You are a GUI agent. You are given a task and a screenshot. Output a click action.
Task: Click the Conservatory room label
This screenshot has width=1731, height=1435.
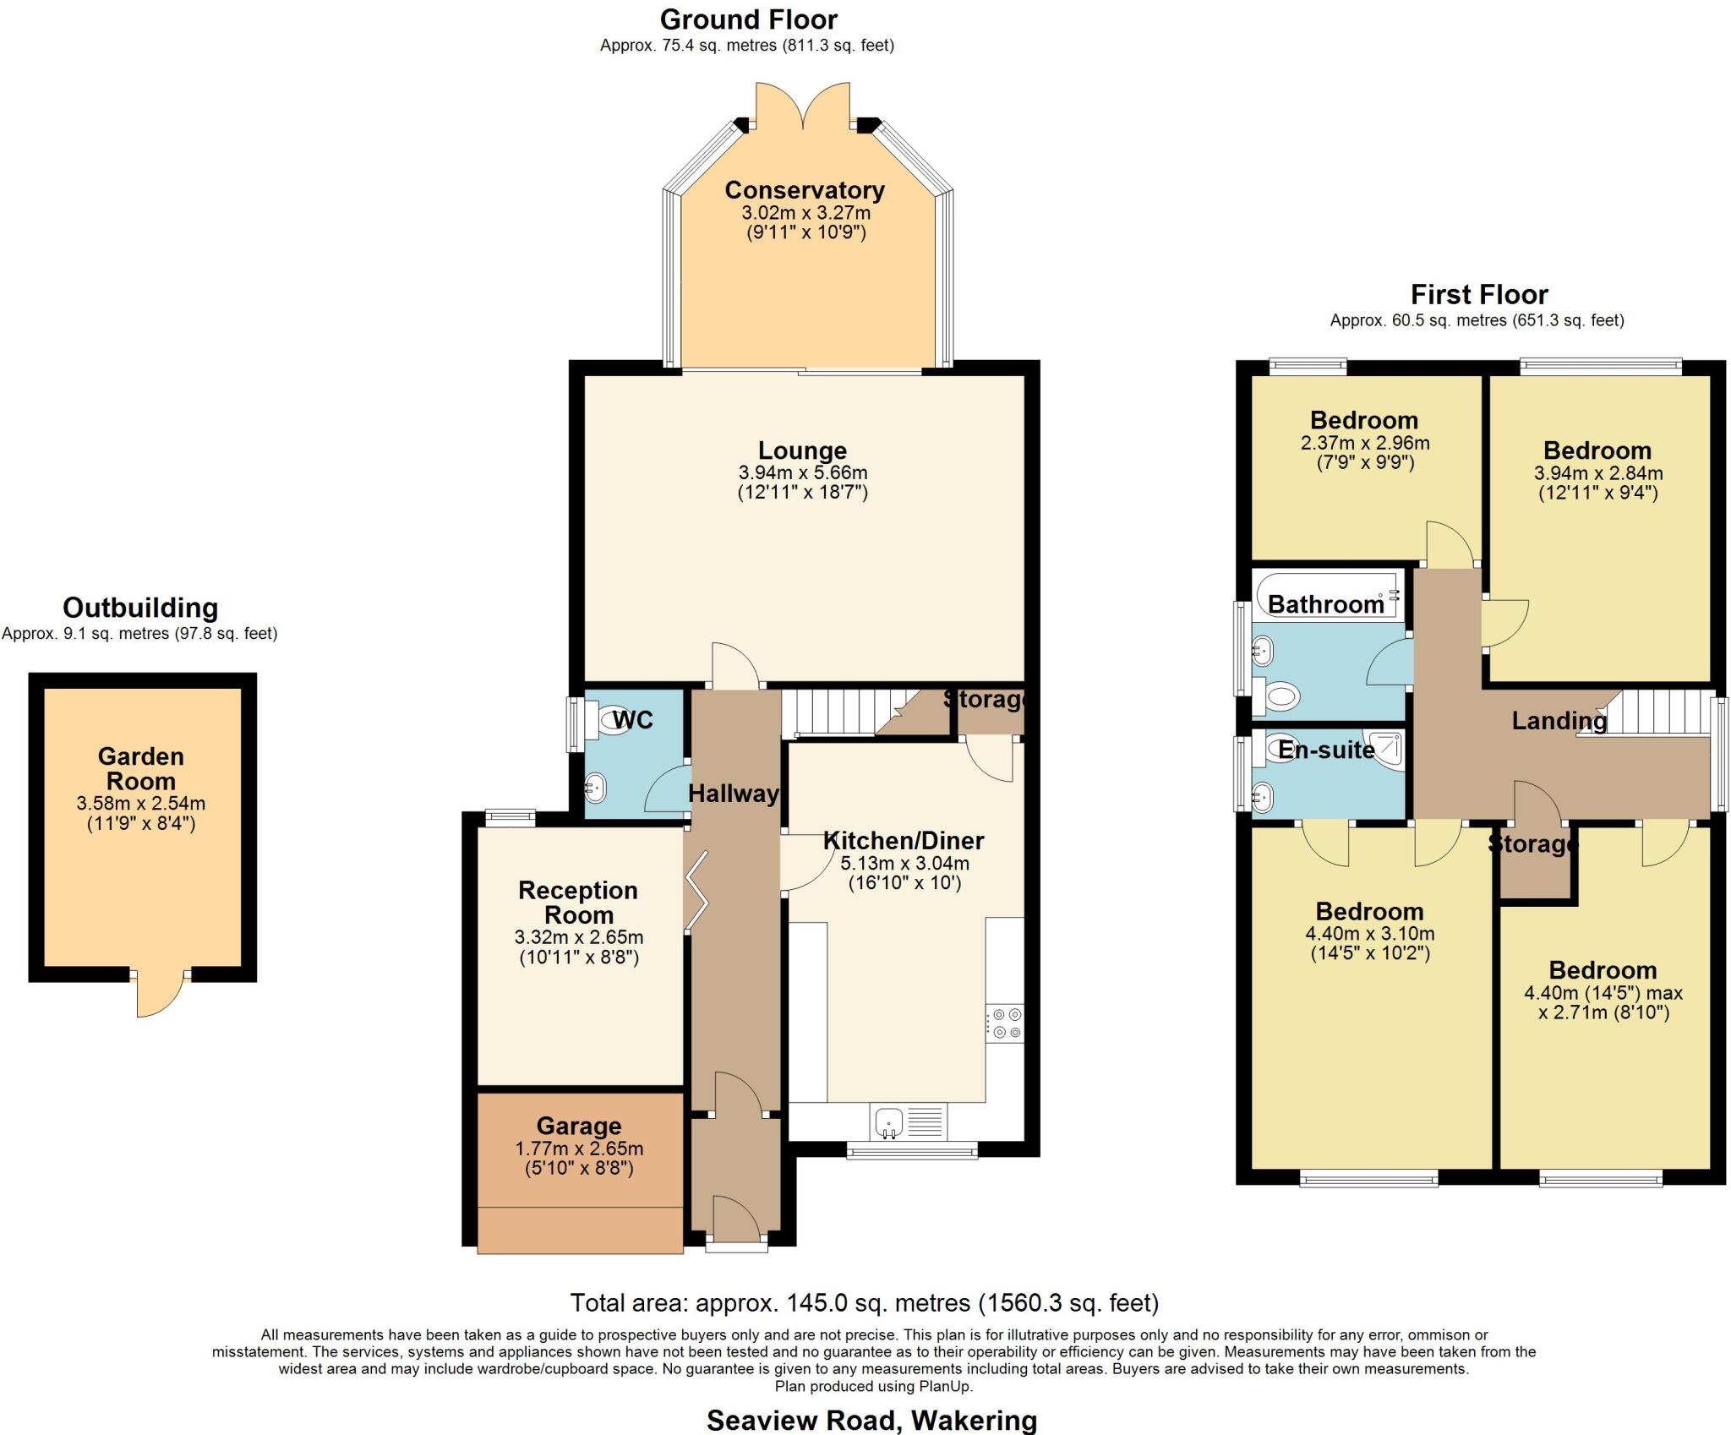[805, 190]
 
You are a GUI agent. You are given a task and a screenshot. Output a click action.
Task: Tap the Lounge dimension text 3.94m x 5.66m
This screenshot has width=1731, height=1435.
[803, 472]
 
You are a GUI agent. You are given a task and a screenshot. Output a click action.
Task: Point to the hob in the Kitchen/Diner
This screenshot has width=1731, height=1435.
[1005, 1023]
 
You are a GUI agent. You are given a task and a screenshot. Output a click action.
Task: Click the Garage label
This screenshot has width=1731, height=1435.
[579, 1126]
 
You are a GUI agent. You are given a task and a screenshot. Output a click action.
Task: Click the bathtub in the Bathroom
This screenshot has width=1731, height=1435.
[1326, 595]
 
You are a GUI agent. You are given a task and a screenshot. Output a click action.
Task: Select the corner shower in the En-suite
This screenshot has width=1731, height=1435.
[1385, 750]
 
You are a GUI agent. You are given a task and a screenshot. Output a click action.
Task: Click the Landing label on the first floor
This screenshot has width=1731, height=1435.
[1559, 721]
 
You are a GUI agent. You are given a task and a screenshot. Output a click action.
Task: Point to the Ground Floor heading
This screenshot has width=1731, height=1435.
[749, 19]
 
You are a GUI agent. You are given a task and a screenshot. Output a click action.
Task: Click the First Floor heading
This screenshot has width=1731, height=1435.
[1479, 295]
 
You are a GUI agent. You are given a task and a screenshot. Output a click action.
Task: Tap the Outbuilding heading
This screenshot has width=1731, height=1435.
[140, 608]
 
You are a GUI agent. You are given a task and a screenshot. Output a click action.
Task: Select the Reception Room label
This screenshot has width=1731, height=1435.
[578, 902]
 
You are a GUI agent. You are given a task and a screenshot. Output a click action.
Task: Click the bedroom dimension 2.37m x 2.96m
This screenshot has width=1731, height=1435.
[1365, 443]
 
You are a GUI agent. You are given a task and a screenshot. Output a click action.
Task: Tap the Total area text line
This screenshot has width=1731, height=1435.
[865, 1303]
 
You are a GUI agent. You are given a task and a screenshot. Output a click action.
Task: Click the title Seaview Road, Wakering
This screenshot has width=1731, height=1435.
[871, 1421]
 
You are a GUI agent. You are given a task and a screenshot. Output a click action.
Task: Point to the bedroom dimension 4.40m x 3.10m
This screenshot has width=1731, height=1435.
[1370, 934]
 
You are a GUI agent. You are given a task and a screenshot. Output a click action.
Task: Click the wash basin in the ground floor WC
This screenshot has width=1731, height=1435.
[595, 788]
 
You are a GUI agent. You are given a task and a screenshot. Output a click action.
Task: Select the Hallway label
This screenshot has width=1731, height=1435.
[734, 794]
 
